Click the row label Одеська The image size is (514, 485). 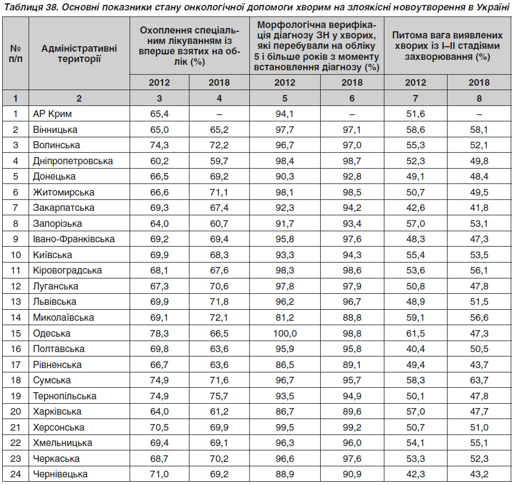coord(52,333)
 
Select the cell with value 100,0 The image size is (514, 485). coord(285,333)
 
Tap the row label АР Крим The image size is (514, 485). coord(52,114)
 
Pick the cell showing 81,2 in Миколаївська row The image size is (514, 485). coord(285,317)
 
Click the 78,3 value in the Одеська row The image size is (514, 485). coord(159,333)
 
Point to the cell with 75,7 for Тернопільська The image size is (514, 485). coord(219,396)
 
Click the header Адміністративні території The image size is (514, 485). coord(79,53)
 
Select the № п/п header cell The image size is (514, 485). coord(15,53)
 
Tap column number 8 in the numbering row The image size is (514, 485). coord(479,98)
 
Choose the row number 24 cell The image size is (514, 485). coord(15,474)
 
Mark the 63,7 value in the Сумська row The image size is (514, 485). coord(479,380)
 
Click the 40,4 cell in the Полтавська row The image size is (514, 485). coord(415,349)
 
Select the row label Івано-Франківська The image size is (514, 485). coord(74,239)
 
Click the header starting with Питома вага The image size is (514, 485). coord(447,46)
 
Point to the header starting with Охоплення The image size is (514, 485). coord(189,46)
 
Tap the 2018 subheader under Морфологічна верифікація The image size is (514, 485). coord(352,82)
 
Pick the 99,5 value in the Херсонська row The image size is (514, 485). coord(285,427)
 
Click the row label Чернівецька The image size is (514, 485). coord(60,474)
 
